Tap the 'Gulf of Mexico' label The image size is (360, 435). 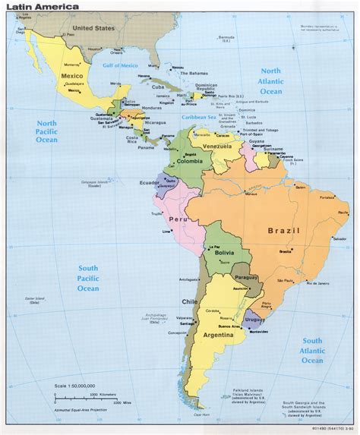pyautogui.click(x=122, y=66)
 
